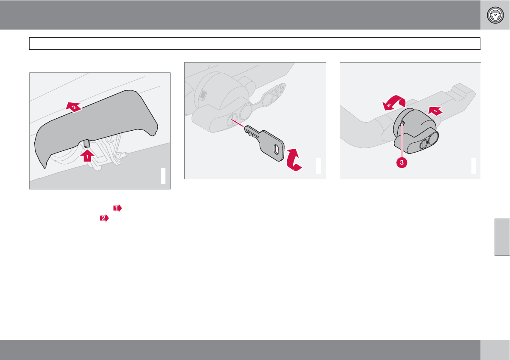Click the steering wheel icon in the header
pos(495,15)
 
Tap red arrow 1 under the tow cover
pos(87,155)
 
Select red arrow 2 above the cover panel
pos(74,107)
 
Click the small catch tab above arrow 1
pos(87,143)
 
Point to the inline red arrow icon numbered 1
pos(117,208)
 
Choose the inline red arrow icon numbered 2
pos(105,218)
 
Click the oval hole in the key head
pos(276,149)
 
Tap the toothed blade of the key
pos(252,132)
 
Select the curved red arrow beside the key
pos(294,160)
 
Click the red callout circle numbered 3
pos(402,162)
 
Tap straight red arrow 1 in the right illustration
pos(435,111)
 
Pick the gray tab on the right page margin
pos(502,237)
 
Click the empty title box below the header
pos(255,43)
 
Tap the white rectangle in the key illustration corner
pos(318,166)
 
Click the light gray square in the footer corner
pos(495,350)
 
